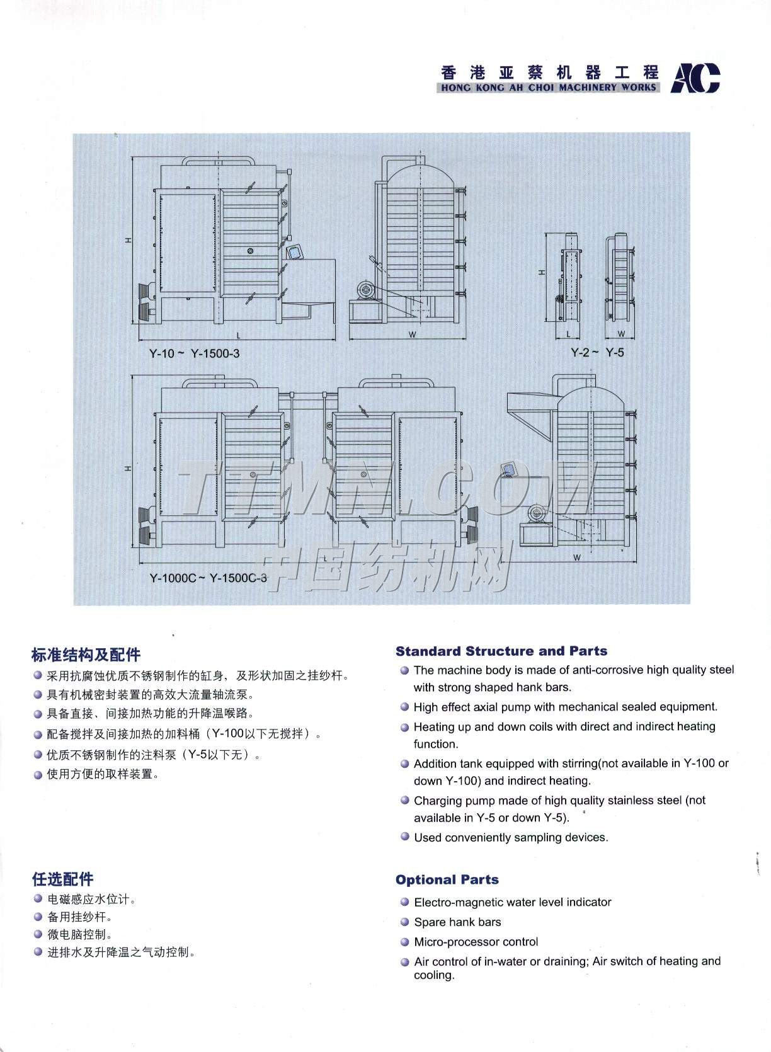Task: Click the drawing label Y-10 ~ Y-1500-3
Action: click(194, 353)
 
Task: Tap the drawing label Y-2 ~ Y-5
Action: click(597, 353)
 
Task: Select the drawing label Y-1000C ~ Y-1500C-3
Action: click(208, 578)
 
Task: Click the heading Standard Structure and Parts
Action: click(501, 651)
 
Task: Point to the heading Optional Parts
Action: click(447, 880)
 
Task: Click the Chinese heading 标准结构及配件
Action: click(86, 655)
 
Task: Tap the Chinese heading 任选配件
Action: click(63, 879)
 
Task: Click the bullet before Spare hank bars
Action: click(404, 922)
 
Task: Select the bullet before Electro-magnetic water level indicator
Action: click(404, 903)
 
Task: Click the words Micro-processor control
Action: click(476, 942)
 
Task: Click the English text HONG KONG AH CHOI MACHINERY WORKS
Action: click(548, 88)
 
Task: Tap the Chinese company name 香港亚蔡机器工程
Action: click(549, 72)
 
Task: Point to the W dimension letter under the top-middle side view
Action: click(412, 334)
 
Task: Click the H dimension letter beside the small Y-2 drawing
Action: click(542, 273)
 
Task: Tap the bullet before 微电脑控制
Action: click(38, 935)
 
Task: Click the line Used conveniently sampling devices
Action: click(511, 837)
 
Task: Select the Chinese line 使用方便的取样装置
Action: click(103, 774)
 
